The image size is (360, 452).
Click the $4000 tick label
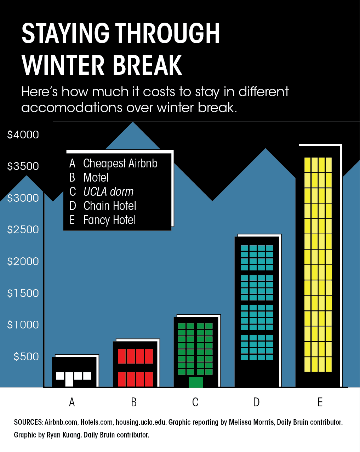[23, 135]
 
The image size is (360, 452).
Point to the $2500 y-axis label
[23, 230]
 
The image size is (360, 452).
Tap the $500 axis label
[26, 356]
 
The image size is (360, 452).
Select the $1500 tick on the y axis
[23, 293]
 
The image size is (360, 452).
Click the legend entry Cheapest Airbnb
[113, 164]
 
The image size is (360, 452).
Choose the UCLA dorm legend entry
[101, 191]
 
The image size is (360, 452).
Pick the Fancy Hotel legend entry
[103, 220]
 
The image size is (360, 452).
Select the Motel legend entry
[89, 177]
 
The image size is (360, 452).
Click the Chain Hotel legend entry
[103, 206]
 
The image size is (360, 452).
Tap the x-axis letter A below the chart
[72, 402]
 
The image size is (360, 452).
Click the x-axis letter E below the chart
[320, 402]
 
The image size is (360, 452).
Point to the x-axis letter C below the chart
[195, 402]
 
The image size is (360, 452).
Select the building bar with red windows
[136, 364]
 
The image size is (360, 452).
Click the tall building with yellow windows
[319, 266]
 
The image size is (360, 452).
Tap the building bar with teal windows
[258, 311]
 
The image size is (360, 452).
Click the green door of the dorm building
[196, 382]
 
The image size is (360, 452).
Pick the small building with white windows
[75, 371]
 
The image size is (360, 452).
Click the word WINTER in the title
[63, 64]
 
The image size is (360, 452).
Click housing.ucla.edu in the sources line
[141, 422]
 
